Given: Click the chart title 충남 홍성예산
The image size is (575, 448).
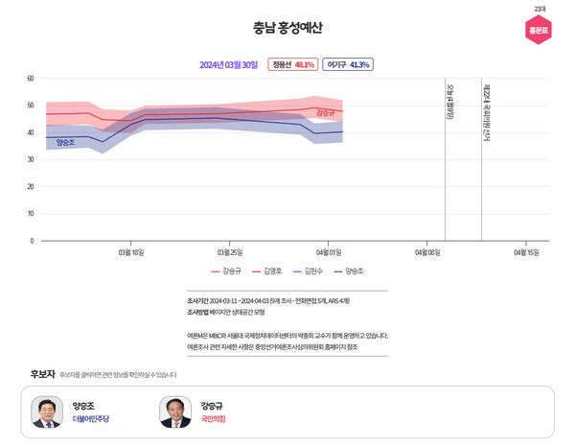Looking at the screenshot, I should [x=287, y=28].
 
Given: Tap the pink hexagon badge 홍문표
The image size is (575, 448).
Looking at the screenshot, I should [x=539, y=30].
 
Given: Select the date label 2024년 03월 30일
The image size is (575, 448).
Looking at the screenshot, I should [x=228, y=65].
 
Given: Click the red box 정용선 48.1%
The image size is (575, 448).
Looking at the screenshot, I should [x=292, y=65].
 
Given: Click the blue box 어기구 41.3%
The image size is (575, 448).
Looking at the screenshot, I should [x=347, y=65].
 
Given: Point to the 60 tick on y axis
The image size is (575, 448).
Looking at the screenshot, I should [x=31, y=79].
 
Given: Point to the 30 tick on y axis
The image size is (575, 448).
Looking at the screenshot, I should [x=31, y=159].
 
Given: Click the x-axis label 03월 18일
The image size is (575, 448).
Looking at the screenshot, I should [x=130, y=252].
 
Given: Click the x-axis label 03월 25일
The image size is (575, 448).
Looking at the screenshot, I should [x=230, y=252].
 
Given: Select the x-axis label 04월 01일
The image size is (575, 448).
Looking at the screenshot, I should [x=329, y=252].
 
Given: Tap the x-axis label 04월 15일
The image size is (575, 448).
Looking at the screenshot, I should [x=526, y=252].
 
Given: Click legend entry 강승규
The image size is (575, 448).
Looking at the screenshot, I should [x=226, y=271].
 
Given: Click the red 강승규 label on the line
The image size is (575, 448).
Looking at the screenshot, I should [x=325, y=113].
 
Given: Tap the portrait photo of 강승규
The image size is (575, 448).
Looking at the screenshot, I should [x=175, y=413].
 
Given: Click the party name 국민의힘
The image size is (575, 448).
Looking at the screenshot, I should [x=213, y=419].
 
